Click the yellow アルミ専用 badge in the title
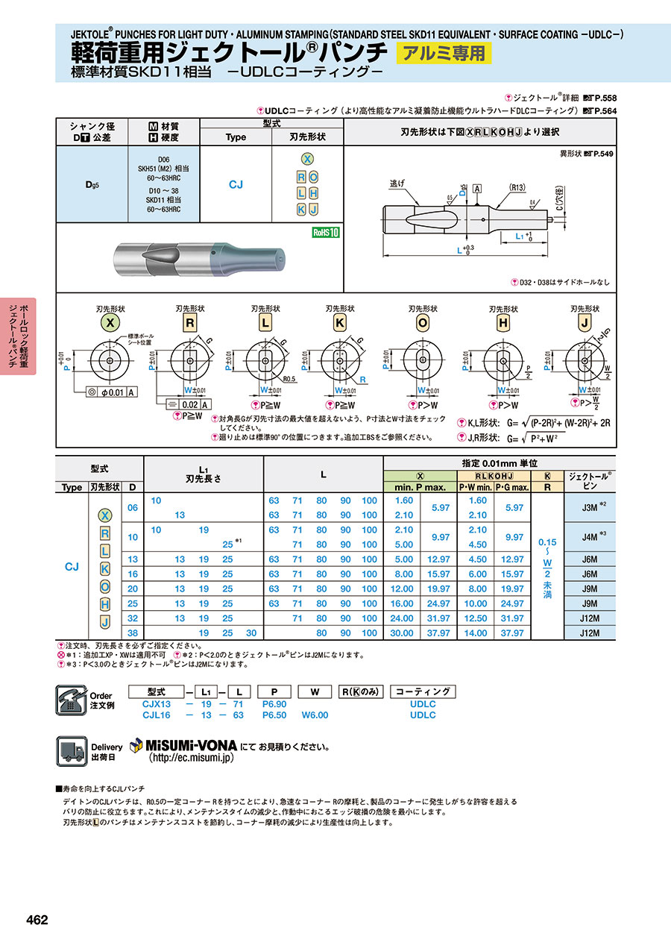(444, 53)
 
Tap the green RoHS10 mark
(325, 232)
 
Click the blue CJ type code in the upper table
(236, 184)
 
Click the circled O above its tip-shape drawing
(423, 323)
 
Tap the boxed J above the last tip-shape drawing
(585, 323)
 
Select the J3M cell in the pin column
(588, 507)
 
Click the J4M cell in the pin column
(588, 537)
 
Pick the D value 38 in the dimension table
(133, 633)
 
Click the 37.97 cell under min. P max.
(441, 633)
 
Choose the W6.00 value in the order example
(315, 715)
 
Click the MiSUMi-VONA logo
(183, 745)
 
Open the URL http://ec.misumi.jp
(192, 757)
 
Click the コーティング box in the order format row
(423, 691)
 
